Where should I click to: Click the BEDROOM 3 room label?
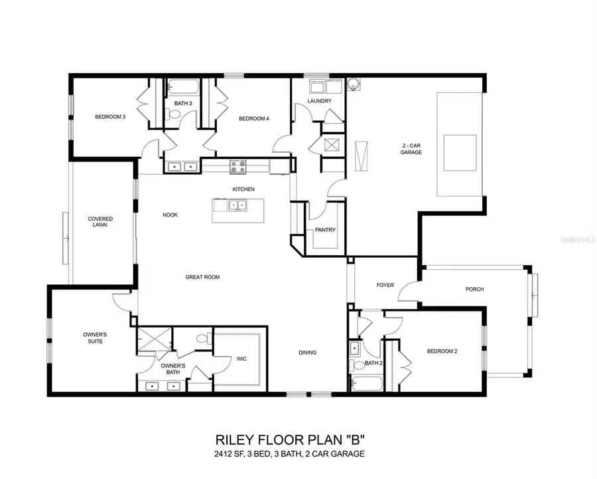coord(109,118)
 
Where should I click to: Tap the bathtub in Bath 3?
coord(181,87)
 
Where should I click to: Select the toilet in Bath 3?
coord(174,115)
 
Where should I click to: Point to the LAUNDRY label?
coord(319,101)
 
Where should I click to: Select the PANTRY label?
coord(325,231)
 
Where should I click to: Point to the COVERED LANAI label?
coord(101,222)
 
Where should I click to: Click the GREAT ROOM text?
coord(202,277)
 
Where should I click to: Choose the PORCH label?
coord(475,289)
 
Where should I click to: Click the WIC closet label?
coord(241,359)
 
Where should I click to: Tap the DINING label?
coord(307,353)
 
